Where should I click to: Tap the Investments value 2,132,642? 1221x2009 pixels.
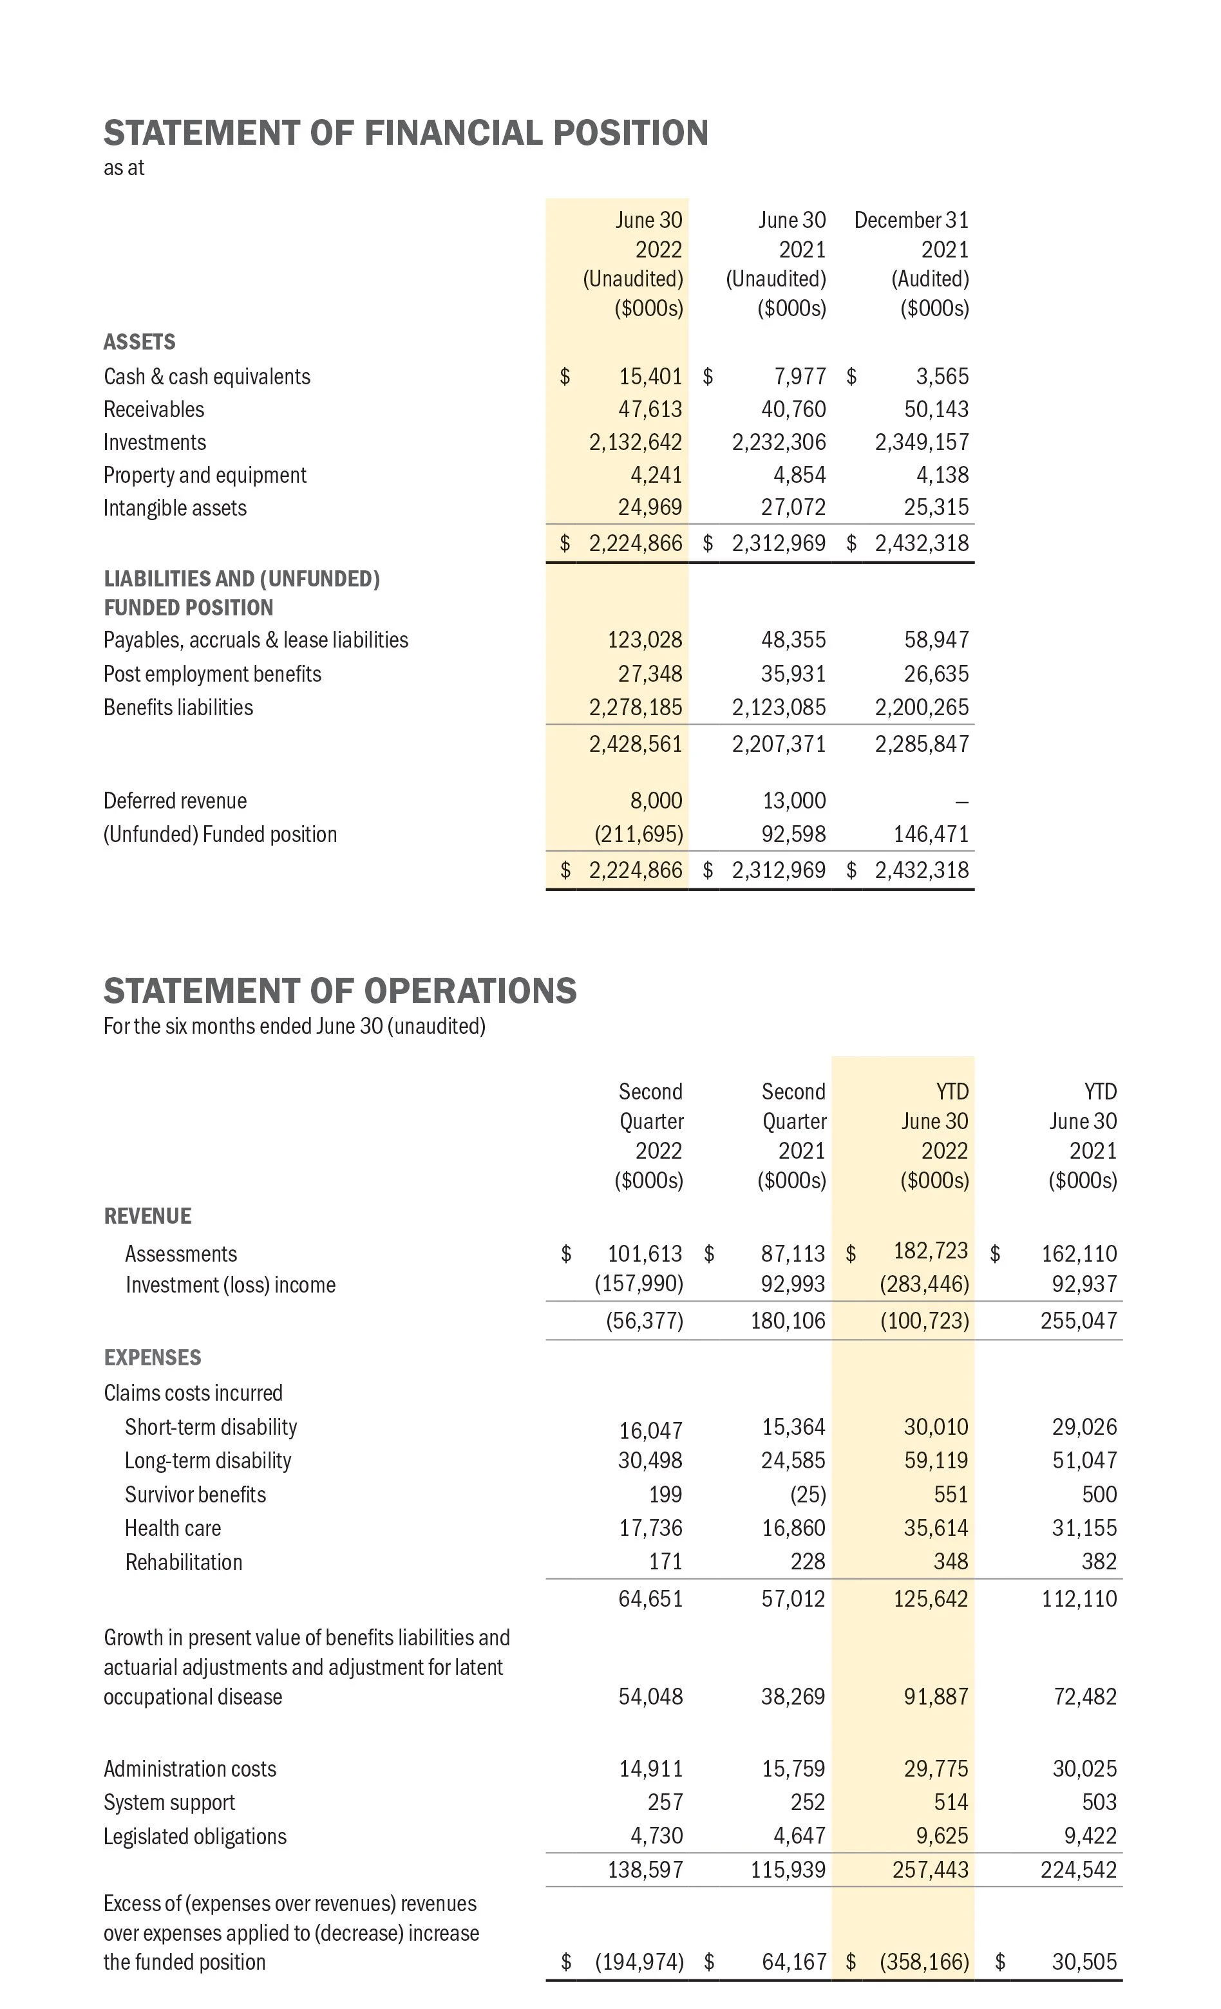636,442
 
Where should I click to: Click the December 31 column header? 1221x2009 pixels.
911,220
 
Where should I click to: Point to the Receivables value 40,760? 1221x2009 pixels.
793,409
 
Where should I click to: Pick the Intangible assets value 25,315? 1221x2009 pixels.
936,507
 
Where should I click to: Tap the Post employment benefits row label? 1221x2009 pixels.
212,673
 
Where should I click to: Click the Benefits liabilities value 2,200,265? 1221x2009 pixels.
922,707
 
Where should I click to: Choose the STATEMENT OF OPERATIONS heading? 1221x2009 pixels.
339,991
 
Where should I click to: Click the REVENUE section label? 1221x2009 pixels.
147,1216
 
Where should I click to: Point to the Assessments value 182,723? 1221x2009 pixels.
931,1250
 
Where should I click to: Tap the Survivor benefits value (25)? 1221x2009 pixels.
807,1495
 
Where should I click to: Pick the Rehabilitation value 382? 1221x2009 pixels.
1099,1562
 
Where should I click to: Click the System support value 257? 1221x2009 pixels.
665,1802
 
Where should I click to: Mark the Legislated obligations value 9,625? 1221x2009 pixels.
942,1835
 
